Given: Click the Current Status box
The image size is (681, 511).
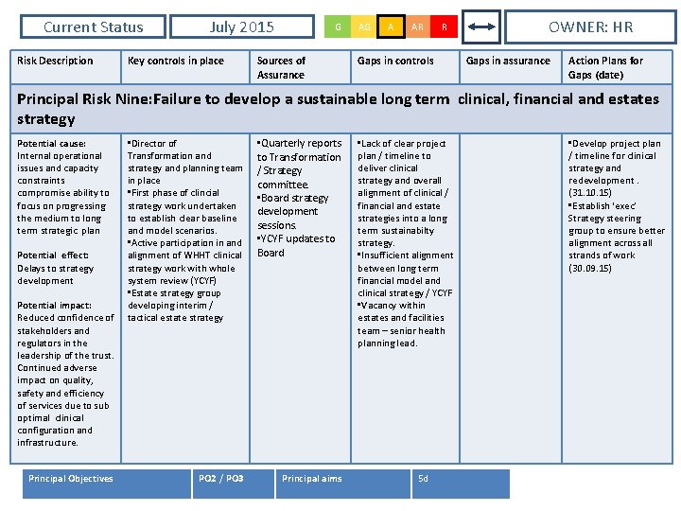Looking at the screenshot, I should [x=93, y=27].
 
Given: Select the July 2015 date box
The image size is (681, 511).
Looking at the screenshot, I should [x=241, y=27].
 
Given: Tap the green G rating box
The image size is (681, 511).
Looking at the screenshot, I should [x=338, y=27].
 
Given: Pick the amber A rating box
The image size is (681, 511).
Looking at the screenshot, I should [x=391, y=27].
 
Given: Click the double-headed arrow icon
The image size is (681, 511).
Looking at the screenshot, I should [x=482, y=27].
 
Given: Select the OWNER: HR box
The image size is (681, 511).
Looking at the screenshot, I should [x=591, y=27].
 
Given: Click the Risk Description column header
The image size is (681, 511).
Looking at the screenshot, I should [x=56, y=61].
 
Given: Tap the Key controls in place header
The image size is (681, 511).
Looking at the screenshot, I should [x=176, y=61].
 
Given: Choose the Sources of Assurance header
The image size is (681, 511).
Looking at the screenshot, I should [x=282, y=67].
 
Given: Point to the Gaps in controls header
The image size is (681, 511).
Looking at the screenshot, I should [x=395, y=61].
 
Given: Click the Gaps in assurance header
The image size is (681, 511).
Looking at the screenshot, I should [x=508, y=61].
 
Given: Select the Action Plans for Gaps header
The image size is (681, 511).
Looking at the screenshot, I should [x=605, y=67].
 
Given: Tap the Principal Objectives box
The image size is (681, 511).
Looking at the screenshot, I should [x=71, y=479].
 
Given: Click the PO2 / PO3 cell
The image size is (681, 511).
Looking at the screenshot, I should [x=222, y=479].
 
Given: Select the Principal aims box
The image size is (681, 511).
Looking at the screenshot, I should [x=312, y=479].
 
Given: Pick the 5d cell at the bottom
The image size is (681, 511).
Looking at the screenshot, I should [x=423, y=479].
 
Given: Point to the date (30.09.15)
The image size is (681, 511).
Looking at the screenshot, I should [x=590, y=268].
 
